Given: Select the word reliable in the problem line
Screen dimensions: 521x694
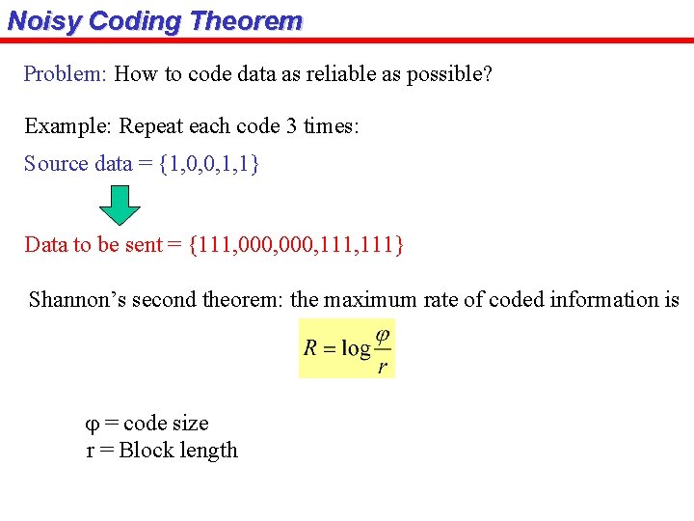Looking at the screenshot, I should (330, 74).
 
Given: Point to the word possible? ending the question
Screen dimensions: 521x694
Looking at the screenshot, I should (448, 74).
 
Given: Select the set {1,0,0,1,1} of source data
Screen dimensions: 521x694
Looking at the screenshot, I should (209, 164).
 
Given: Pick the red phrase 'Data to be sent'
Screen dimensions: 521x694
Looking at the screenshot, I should (93, 245).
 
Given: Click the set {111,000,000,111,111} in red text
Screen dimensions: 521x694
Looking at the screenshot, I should (297, 245).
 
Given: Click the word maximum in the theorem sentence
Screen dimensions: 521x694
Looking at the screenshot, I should (365, 300).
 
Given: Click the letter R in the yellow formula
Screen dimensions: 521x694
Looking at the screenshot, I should (311, 348).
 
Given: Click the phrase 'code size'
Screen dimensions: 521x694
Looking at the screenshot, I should (166, 424).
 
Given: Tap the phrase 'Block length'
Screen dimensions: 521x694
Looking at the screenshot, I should (178, 451).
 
